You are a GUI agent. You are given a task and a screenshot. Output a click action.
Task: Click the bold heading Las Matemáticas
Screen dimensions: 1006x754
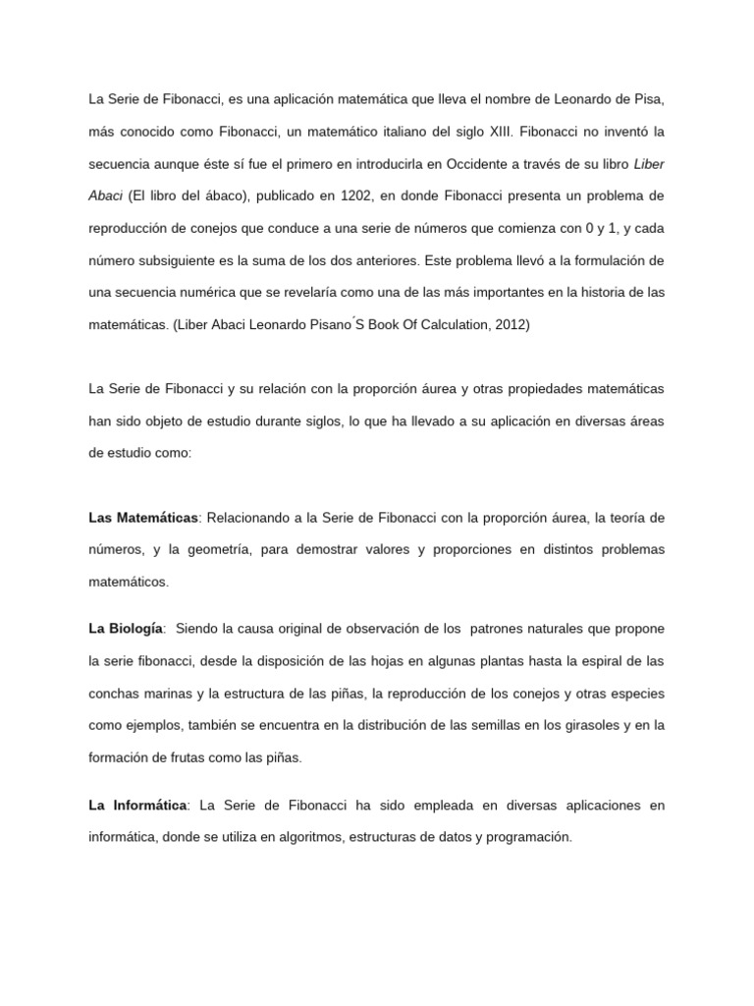[x=143, y=517]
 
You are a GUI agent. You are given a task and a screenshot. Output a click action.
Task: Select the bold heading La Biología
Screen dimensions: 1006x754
[x=126, y=628]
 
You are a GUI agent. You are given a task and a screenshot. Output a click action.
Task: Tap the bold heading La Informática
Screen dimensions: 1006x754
[x=137, y=806]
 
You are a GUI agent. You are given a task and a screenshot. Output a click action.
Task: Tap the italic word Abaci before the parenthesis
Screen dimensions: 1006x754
[x=106, y=195]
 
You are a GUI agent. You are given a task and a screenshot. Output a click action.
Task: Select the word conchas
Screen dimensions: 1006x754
[x=115, y=693]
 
